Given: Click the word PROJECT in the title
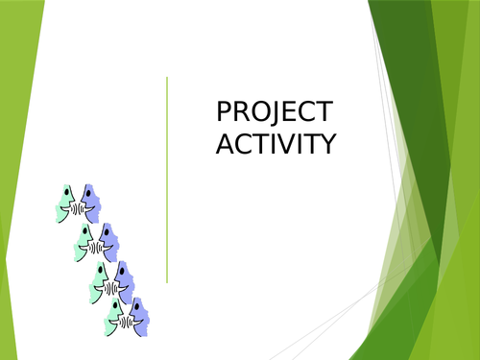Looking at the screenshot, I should tap(276, 112).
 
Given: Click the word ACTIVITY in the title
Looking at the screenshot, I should tap(276, 143).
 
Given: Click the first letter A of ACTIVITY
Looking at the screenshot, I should tap(224, 143).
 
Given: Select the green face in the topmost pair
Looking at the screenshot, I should tap(66, 203).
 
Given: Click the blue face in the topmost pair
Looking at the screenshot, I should tap(91, 203).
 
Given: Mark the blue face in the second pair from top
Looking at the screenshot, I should tap(108, 242).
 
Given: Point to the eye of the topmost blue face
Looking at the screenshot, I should tap(88, 196).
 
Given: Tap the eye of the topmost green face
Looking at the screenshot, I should tap(67, 196).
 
